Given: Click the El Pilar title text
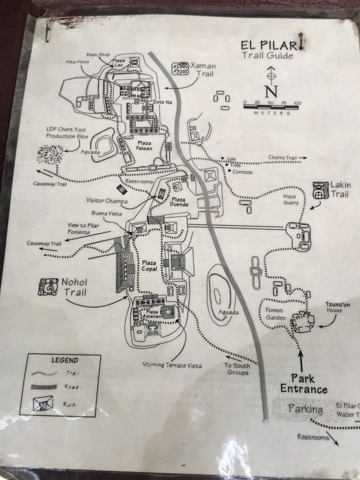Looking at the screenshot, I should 267,46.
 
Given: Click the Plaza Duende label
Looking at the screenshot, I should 180,202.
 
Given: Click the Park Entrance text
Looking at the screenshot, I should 305,384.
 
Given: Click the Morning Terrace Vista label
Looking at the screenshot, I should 172,365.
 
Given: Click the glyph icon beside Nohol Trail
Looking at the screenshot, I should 48,286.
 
